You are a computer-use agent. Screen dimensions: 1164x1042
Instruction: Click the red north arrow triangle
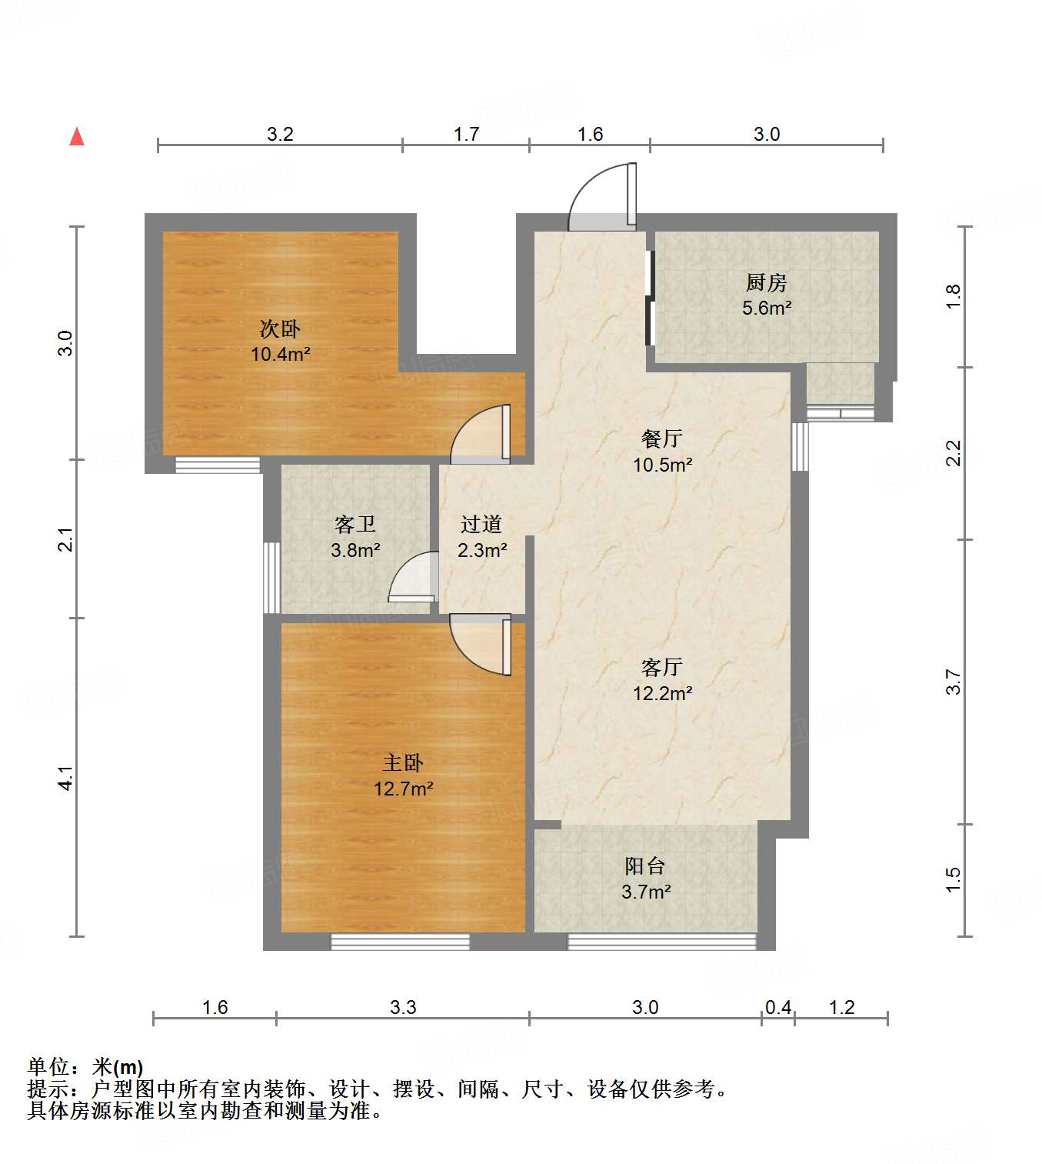(x=77, y=137)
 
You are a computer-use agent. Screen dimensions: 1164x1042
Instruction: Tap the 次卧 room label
(x=279, y=329)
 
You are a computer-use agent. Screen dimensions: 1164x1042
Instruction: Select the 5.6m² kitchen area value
(x=767, y=309)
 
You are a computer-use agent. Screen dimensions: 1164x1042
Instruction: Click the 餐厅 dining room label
(x=662, y=439)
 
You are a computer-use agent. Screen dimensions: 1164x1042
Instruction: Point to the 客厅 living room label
(x=662, y=667)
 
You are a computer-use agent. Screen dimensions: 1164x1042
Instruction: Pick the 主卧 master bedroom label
(x=403, y=762)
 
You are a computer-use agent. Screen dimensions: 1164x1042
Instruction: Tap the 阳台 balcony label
(x=644, y=865)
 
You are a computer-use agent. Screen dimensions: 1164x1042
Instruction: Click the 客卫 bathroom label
(x=355, y=525)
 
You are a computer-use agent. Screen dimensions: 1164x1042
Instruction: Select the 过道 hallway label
(x=481, y=525)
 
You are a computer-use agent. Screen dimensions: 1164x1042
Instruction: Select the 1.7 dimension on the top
(x=466, y=135)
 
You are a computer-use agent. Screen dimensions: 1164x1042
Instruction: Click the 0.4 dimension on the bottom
(x=778, y=1007)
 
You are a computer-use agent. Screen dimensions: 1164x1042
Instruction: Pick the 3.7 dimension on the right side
(x=954, y=682)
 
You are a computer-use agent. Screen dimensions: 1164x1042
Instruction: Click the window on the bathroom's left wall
(x=271, y=577)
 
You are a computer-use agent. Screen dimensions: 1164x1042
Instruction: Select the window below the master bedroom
(x=400, y=941)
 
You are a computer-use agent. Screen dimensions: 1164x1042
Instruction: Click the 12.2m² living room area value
(x=662, y=693)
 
